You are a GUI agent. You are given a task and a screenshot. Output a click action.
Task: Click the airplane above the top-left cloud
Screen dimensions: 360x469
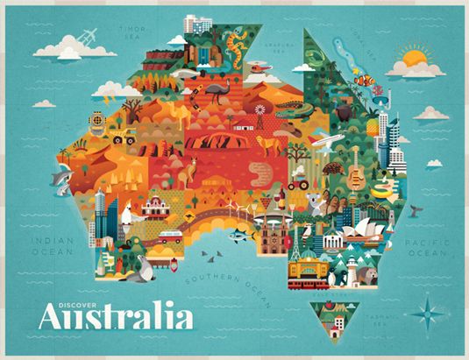click(x=87, y=37)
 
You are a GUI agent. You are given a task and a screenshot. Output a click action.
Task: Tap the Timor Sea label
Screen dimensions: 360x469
click(x=132, y=32)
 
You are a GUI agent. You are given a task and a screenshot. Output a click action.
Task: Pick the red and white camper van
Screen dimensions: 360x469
click(x=169, y=236)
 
